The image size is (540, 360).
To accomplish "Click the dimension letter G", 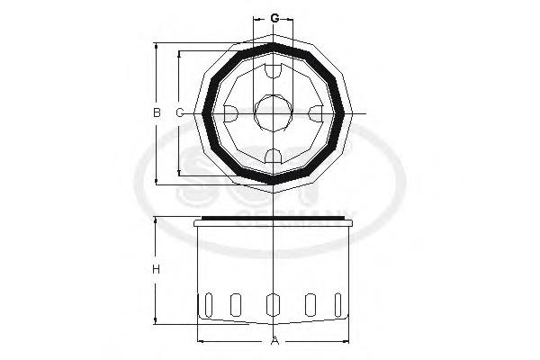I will pyautogui.click(x=274, y=18).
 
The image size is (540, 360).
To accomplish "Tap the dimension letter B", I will pyautogui.click(x=156, y=112).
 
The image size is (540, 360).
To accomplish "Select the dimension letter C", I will pyautogui.click(x=179, y=112).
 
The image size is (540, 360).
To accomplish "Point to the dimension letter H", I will pyautogui.click(x=156, y=269).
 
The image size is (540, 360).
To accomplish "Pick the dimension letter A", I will pyautogui.click(x=274, y=341).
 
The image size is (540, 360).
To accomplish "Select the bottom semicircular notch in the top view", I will pyautogui.click(x=274, y=157).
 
